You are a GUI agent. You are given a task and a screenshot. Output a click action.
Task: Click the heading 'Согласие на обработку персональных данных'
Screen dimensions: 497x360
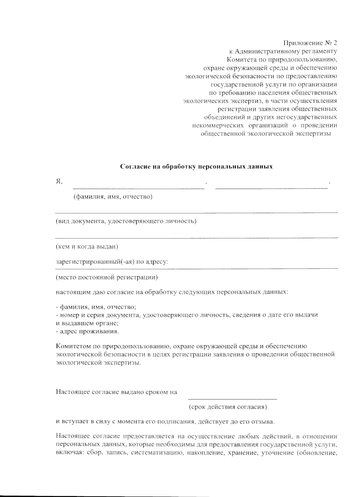[196, 166]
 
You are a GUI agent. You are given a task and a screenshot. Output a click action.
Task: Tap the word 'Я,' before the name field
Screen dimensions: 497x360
[59, 181]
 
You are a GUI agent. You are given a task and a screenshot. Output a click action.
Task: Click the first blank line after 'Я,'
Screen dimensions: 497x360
[138, 188]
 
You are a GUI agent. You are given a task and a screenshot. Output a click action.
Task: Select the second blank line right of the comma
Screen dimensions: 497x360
[271, 188]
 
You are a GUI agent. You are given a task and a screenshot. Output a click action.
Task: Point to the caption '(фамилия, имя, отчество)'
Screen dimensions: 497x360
[113, 197]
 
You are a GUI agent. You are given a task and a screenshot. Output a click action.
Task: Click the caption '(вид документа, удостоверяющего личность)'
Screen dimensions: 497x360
[126, 221]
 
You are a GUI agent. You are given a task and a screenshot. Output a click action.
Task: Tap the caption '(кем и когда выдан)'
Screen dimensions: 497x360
[87, 247]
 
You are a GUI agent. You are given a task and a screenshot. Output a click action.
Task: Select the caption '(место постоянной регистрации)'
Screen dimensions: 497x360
[106, 277]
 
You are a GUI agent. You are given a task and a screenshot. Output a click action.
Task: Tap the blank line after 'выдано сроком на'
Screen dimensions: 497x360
[232, 398]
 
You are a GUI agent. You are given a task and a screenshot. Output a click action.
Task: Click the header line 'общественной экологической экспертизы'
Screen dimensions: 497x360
[265, 133]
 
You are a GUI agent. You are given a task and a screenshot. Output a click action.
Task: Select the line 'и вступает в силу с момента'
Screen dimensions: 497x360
[165, 422]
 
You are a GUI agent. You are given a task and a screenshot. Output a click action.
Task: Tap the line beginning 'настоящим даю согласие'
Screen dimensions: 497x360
[172, 292]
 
